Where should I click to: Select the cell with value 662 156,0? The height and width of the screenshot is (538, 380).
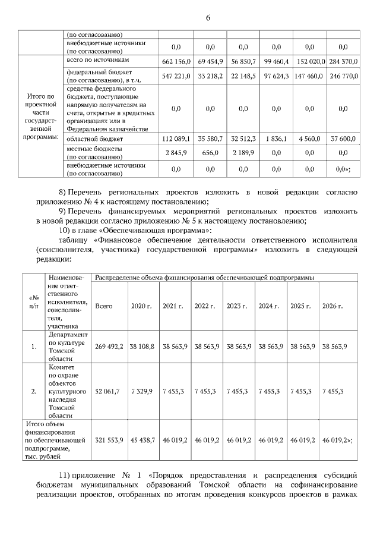(176, 62)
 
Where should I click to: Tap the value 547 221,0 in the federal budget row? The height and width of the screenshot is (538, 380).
(176, 76)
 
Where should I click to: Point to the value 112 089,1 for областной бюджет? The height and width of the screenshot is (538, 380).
(176, 139)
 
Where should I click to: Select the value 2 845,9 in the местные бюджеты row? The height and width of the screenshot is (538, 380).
(176, 152)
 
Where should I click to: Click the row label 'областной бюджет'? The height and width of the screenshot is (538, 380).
(91, 139)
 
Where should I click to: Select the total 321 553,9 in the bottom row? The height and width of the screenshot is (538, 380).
(109, 440)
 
